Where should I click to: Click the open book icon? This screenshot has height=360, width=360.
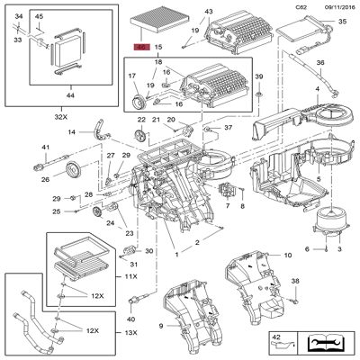point(325,341)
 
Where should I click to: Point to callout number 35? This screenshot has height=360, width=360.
point(341,21)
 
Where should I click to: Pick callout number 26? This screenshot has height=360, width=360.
point(45,178)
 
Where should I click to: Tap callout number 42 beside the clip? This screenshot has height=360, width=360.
point(276,337)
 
